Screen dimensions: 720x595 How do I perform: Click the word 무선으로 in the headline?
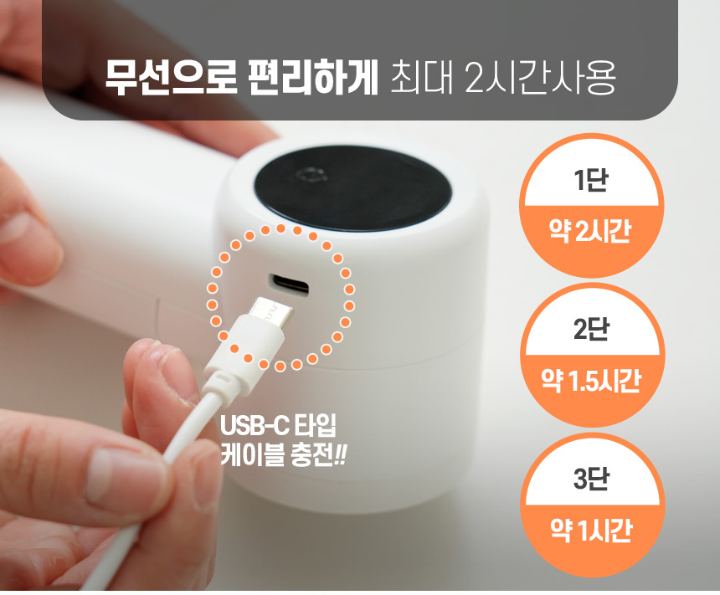pos(171,78)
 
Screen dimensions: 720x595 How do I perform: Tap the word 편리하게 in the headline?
pos(312,78)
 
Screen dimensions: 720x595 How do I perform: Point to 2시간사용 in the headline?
pos(540,78)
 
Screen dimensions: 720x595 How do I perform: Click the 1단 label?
pos(591,180)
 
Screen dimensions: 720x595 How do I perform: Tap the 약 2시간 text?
pos(590,230)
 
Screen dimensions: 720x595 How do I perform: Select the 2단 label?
pos(591,329)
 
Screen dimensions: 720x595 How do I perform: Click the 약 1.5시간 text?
pos(591,381)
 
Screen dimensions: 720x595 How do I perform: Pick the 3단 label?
pos(591,479)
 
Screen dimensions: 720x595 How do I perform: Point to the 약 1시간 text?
pos(591,531)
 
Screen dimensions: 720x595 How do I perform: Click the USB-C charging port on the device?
pos(289,285)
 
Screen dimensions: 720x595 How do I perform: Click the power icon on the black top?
pos(311,177)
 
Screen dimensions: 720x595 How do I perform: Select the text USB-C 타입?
pos(278,426)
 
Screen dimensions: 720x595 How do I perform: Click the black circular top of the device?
pos(352,188)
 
